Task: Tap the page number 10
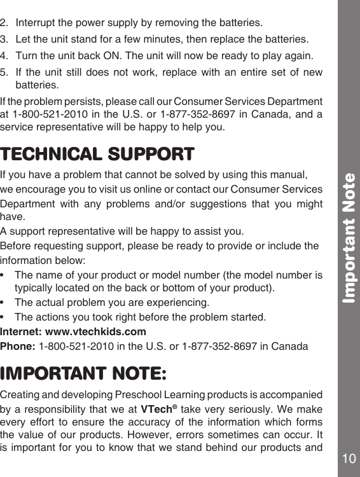[x=348, y=458]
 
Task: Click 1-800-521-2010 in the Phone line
[x=70, y=347]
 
